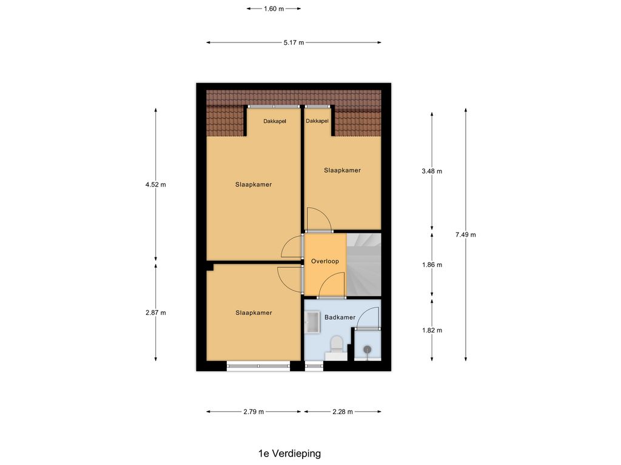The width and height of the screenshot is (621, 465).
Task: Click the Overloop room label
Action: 325,262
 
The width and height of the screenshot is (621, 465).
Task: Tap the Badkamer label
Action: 340,317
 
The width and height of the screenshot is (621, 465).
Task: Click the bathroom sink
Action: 312,322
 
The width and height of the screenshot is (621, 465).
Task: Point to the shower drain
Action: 368,349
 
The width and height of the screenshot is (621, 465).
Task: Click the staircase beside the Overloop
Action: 364,265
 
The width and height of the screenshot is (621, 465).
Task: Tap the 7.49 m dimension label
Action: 465,234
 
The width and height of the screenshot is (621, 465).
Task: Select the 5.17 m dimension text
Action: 294,43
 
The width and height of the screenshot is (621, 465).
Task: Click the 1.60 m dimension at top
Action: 274,8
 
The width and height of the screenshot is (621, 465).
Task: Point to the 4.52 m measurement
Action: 156,184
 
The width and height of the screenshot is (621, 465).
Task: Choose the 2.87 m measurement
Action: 156,313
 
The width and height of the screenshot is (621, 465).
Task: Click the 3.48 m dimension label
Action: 432,171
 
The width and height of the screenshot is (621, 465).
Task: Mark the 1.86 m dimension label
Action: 432,265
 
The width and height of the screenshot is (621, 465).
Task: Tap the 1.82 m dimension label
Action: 432,330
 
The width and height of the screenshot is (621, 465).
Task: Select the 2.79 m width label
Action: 253,412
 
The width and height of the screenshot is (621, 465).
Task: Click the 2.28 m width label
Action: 343,412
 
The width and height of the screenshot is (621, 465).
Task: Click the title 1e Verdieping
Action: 289,453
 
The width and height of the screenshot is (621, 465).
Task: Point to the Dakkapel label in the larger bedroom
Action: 275,121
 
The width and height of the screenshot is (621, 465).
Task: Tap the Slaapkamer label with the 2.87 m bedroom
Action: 253,313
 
